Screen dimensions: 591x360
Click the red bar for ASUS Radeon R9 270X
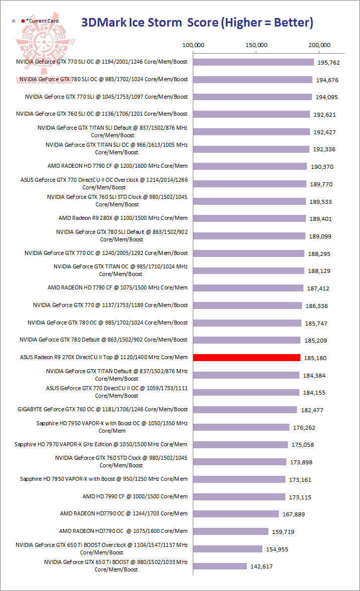click(x=246, y=358)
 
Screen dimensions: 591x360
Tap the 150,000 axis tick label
click(x=256, y=45)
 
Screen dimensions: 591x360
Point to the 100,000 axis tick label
click(x=193, y=45)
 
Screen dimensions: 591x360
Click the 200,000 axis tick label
click(x=319, y=45)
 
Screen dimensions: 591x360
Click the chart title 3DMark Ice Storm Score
click(x=197, y=22)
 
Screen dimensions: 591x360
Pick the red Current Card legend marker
click(x=23, y=21)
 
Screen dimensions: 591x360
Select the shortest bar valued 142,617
click(x=220, y=566)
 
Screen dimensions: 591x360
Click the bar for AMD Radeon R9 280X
click(x=249, y=218)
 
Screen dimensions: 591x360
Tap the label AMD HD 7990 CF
click(x=135, y=496)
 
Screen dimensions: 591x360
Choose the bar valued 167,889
click(x=236, y=514)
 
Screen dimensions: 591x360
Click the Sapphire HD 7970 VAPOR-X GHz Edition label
click(x=101, y=444)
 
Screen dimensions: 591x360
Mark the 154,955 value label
click(x=277, y=549)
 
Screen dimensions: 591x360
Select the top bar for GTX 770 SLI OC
click(x=253, y=62)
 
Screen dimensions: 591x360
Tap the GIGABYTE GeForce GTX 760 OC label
click(x=103, y=409)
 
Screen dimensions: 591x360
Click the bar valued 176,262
click(x=241, y=427)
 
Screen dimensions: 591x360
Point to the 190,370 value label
click(x=321, y=167)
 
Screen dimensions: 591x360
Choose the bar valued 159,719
click(x=230, y=531)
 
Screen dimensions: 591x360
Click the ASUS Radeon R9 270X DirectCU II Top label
click(x=104, y=357)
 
